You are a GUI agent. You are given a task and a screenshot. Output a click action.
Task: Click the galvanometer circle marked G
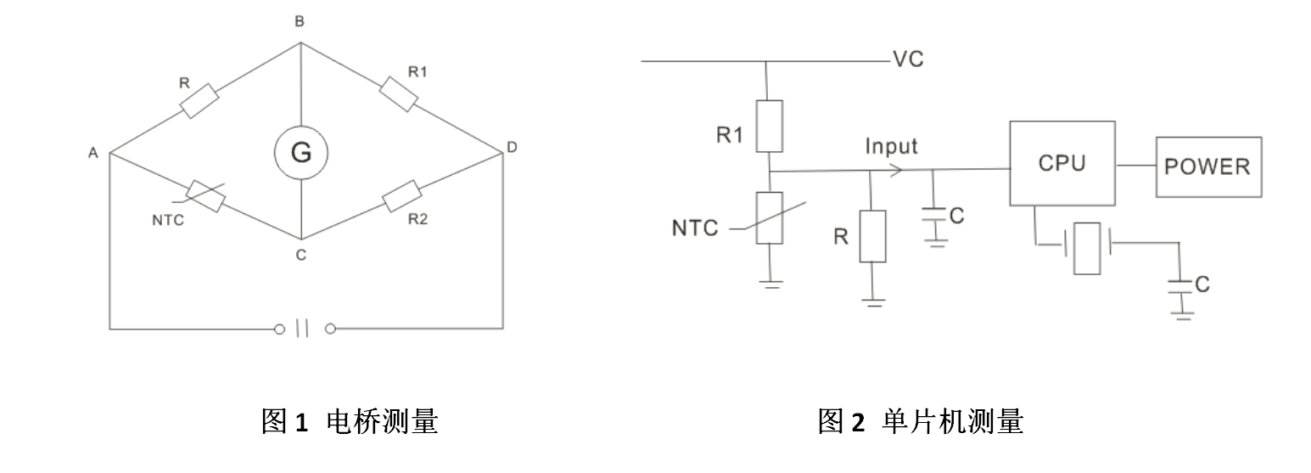point(300,154)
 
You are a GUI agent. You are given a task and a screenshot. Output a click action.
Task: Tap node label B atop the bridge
point(300,23)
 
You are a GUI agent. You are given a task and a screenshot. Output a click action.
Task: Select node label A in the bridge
point(92,153)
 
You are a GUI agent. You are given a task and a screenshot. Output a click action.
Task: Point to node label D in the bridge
point(511,148)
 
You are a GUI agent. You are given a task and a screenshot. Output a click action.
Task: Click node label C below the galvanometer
point(302,253)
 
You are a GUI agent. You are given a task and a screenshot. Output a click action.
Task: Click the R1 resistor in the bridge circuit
point(399,93)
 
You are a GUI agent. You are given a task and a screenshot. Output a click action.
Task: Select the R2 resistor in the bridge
point(401,196)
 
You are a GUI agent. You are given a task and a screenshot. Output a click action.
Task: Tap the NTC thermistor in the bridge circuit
point(205,195)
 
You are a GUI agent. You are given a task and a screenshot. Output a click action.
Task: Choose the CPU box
point(1061,163)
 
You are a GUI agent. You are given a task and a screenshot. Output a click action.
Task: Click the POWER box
point(1207,166)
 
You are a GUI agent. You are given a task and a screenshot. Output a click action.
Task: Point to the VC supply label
point(907,59)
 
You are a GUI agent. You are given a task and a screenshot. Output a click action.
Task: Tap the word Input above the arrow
point(891,146)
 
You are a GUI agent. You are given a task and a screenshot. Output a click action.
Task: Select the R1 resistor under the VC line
point(769,125)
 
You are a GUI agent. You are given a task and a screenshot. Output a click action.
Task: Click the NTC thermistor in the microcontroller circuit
point(769,217)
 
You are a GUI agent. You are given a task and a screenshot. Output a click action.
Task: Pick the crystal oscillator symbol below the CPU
point(1086,248)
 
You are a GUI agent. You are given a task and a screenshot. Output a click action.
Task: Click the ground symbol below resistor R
point(873,301)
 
